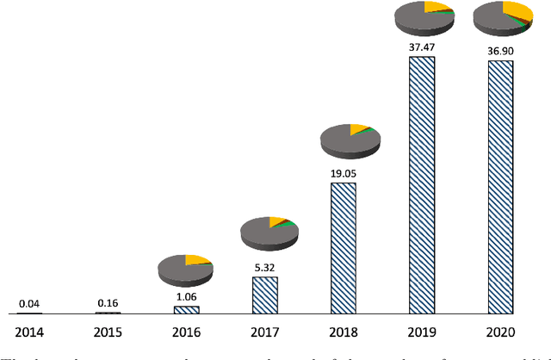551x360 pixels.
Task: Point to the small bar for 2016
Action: [x=186, y=308]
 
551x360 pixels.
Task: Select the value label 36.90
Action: [x=501, y=51]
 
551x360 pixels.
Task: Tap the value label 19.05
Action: [x=344, y=173]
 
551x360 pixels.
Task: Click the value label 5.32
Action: [x=264, y=268]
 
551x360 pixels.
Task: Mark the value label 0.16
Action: [x=108, y=303]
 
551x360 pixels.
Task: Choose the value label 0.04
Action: [x=29, y=304]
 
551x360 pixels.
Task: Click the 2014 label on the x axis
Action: [x=29, y=332]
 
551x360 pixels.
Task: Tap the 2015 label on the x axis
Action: [x=108, y=332]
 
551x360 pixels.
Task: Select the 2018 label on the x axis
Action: [x=344, y=332]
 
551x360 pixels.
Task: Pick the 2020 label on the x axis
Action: [x=501, y=332]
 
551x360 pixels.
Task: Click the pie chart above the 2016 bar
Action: [x=185, y=268]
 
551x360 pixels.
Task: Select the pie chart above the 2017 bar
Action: [x=269, y=230]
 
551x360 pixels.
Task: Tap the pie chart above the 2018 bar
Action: [x=349, y=139]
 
